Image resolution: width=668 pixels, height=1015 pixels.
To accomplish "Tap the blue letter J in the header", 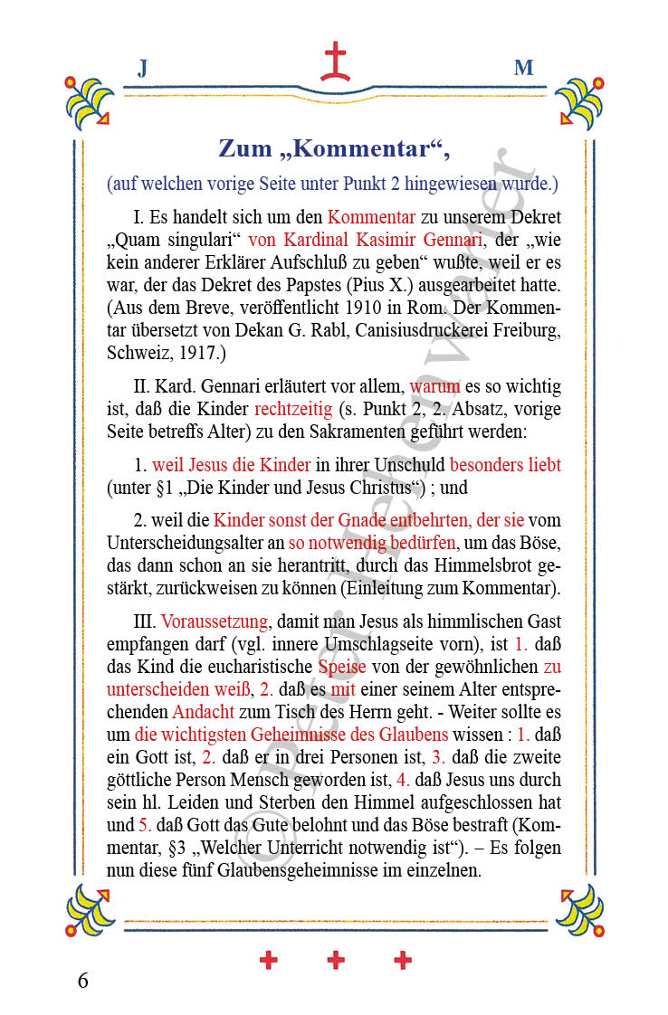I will point(142,68).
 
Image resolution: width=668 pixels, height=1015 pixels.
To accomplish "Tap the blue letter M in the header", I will point(523,68).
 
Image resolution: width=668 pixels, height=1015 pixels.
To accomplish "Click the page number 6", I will point(83,981).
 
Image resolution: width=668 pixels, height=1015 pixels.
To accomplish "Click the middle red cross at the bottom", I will point(335,960).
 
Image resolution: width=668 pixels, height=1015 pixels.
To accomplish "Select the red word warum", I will point(434,387).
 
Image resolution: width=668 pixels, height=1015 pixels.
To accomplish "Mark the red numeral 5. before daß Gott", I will point(143,825).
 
